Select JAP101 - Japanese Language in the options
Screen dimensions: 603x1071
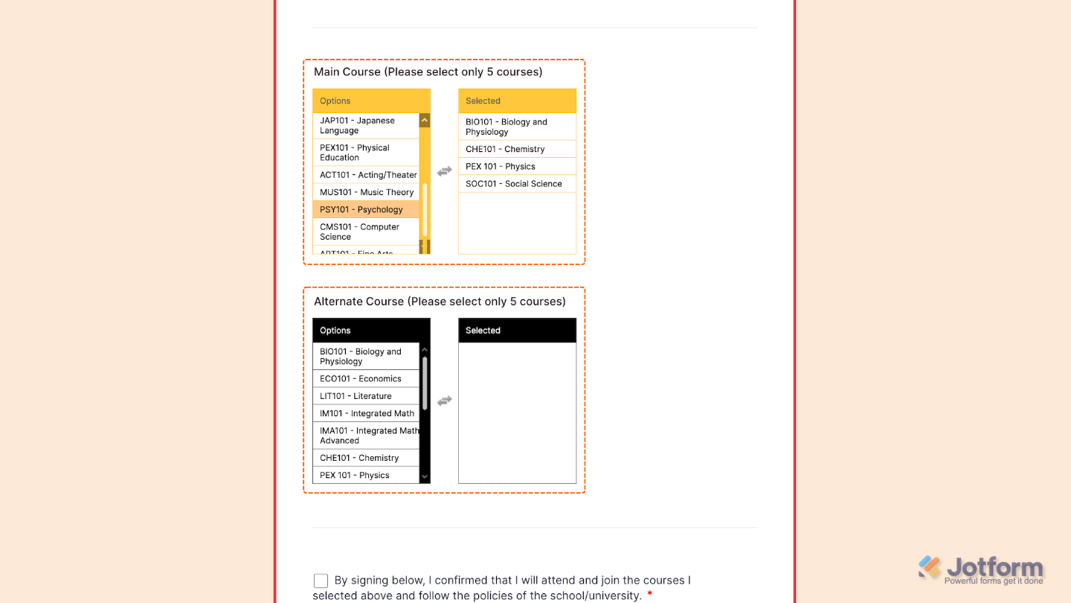[365, 125]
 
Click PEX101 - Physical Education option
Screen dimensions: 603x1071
[365, 153]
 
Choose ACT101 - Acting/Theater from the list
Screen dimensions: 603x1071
[367, 175]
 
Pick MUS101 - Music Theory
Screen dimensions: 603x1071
[366, 192]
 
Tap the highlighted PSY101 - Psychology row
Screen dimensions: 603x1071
[365, 210]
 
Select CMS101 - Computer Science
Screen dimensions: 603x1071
[365, 232]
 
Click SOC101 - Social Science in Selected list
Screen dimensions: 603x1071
[514, 184]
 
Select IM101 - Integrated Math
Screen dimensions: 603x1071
[367, 413]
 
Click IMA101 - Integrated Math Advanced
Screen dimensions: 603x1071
[365, 435]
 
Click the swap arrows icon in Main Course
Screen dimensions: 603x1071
[444, 171]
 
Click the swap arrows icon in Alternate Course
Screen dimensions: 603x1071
[444, 401]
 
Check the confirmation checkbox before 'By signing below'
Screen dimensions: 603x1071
[321, 581]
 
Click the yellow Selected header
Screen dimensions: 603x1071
[517, 101]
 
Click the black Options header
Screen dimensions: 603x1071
[371, 331]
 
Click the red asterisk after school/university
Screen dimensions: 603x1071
[650, 595]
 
